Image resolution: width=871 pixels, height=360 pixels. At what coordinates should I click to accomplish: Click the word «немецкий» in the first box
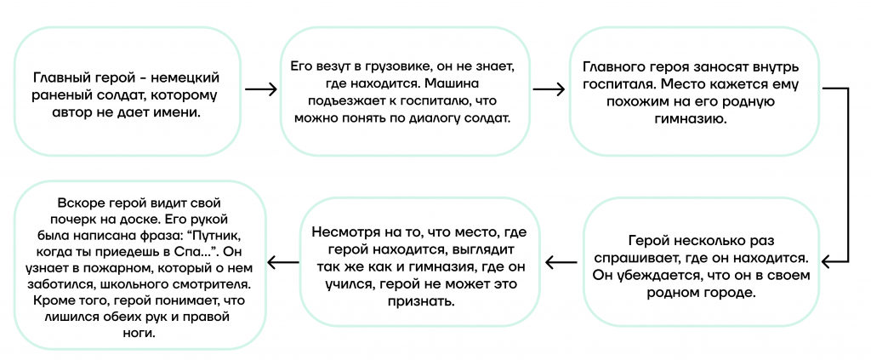click(185, 77)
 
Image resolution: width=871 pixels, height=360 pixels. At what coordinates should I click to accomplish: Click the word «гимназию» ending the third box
click(695, 119)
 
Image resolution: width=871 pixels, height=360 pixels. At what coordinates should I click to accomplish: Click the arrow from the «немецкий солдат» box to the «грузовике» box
click(260, 89)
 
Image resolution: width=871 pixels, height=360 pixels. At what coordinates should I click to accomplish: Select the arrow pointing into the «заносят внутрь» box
click(549, 89)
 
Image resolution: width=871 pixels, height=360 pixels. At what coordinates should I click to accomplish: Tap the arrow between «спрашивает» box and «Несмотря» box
click(561, 260)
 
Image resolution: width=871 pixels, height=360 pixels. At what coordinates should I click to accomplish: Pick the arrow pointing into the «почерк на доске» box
click(283, 260)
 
